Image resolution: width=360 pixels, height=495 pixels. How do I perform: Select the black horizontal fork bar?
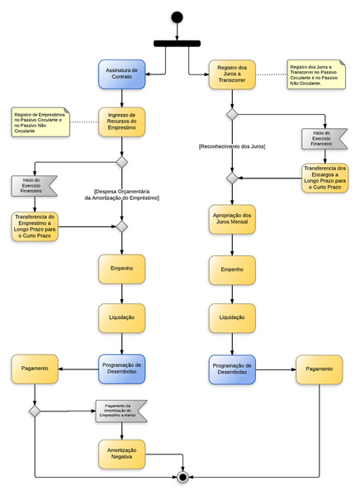tap(176, 43)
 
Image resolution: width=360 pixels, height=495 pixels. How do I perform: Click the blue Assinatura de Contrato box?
tap(122, 74)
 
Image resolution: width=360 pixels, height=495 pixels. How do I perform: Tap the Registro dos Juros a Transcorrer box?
tap(231, 74)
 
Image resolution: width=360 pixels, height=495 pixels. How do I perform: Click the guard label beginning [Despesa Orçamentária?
tap(122, 194)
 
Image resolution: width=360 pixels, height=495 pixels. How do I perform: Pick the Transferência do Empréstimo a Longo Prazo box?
tap(34, 226)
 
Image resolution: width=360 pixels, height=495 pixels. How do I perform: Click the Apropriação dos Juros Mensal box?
tap(231, 220)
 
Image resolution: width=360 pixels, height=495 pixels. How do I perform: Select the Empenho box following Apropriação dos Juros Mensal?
tap(231, 269)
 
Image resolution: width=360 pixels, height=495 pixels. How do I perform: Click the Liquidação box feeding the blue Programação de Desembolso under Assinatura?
tap(122, 317)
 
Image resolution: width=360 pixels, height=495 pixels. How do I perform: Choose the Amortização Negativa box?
tap(122, 455)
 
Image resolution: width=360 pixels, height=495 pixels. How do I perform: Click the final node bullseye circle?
tap(182, 477)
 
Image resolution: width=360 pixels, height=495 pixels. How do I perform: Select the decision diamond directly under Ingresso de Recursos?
tap(122, 162)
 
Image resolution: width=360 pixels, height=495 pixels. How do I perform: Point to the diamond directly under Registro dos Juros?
tap(232, 114)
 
